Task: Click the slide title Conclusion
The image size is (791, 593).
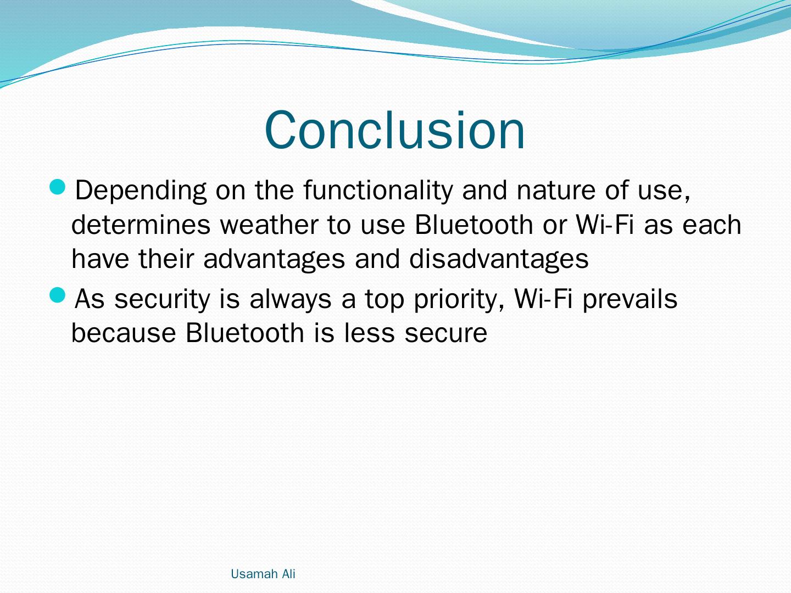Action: [394, 130]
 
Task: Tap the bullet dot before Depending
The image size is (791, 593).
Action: [57, 187]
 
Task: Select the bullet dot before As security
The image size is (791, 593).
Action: [57, 295]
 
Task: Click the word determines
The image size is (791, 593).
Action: [141, 225]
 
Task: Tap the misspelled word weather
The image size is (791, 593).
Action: [269, 225]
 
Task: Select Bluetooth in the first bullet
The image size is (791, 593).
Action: [474, 225]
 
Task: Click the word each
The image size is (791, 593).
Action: [712, 225]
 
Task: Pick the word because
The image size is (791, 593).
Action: [124, 332]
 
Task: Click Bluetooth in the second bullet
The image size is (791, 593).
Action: [244, 332]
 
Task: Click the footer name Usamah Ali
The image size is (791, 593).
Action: [263, 574]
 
